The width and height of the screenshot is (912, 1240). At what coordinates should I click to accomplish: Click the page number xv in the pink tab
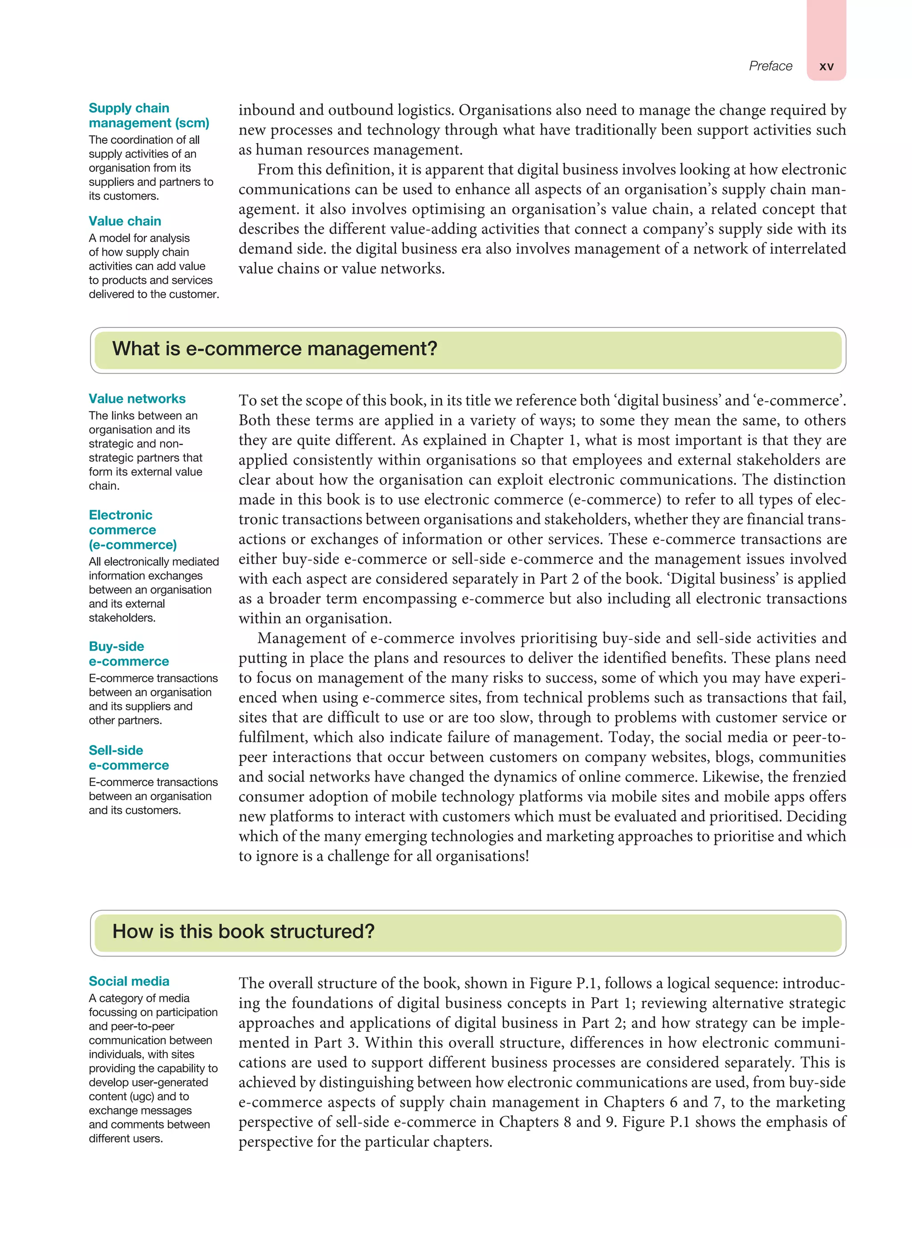coord(826,67)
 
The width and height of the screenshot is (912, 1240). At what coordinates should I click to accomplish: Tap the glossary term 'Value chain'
coord(125,221)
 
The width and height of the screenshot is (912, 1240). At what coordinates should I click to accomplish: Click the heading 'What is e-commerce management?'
coord(274,349)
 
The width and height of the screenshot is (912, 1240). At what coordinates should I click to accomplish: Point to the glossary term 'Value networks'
coord(137,399)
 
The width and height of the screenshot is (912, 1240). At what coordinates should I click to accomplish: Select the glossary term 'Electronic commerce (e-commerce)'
coord(133,530)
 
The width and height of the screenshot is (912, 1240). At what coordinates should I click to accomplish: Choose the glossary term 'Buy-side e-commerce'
coord(129,654)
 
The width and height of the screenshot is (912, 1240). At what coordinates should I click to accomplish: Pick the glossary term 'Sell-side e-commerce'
coord(129,758)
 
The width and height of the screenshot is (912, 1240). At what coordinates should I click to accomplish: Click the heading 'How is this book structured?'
coord(244,932)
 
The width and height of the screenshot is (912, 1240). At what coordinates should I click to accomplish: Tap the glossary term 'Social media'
coord(129,982)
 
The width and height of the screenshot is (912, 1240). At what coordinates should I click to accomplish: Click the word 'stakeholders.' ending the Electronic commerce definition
coord(122,618)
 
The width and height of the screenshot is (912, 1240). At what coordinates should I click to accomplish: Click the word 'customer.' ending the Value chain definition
coord(194,295)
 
